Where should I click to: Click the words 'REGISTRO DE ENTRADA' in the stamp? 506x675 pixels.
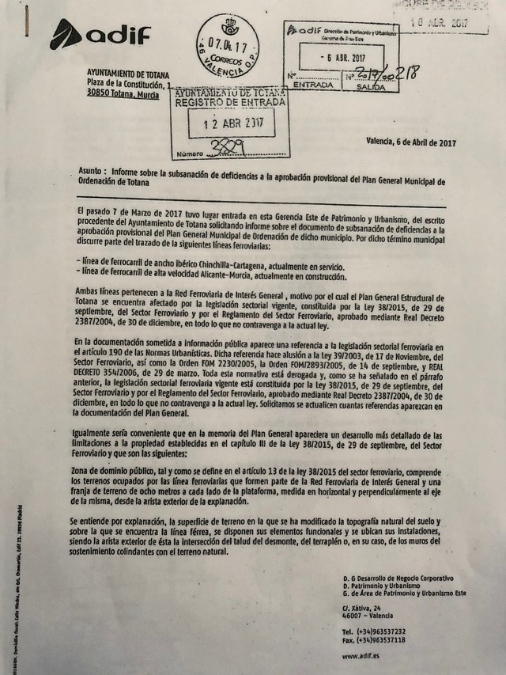pyautogui.click(x=225, y=102)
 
